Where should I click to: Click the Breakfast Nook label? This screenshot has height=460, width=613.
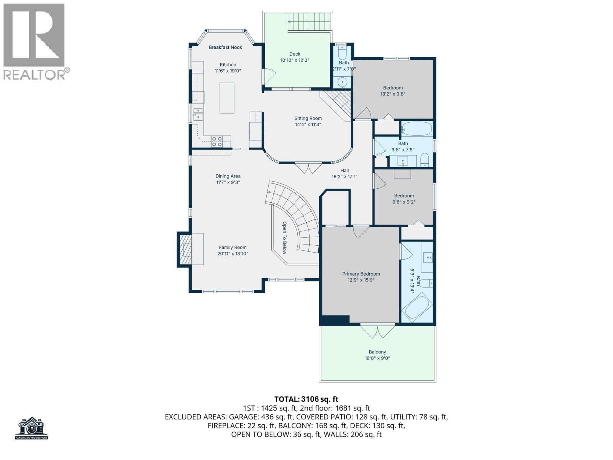coord(225,48)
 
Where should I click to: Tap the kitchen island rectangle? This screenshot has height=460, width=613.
coord(227,98)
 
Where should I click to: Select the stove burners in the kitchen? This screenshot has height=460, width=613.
coord(217,141)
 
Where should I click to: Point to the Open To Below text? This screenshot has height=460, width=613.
coord(284,238)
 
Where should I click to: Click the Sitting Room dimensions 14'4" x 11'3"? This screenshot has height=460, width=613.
coord(308,125)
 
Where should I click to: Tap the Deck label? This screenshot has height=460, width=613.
coord(295,54)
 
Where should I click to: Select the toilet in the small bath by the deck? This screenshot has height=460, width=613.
coord(343,52)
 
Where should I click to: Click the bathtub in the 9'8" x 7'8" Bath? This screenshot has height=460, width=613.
coord(416,129)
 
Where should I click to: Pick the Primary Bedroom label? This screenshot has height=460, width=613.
coord(361,274)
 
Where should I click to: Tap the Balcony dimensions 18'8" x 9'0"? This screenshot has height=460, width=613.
coord(377,358)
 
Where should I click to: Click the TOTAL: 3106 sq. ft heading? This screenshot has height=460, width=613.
coord(306,399)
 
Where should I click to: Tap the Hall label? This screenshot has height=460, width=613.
coord(344,171)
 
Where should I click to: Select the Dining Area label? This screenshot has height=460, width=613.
coord(228,176)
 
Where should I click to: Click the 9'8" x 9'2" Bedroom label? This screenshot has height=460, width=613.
coord(404,196)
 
